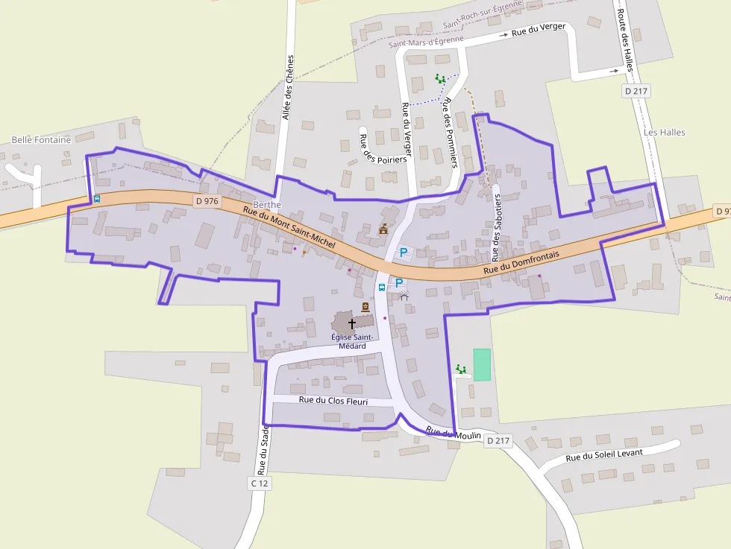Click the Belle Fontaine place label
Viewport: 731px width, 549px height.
pos(41,139)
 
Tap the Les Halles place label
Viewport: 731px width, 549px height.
pos(664,133)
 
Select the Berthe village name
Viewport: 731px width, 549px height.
pos(267,204)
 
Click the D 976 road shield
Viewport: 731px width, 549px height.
pos(207,201)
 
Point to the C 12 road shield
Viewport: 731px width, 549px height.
pos(258,483)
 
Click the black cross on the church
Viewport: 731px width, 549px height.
pos(352,324)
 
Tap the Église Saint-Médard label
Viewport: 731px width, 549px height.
pos(352,341)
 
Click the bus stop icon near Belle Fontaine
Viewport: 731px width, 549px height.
pos(97,199)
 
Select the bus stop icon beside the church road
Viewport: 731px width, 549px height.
pos(382,287)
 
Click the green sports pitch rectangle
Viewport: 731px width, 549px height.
pos(483,364)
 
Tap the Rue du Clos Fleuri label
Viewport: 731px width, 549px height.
pos(333,401)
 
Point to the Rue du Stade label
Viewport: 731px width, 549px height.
pos(263,449)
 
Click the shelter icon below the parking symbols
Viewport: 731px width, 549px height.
pos(404,297)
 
